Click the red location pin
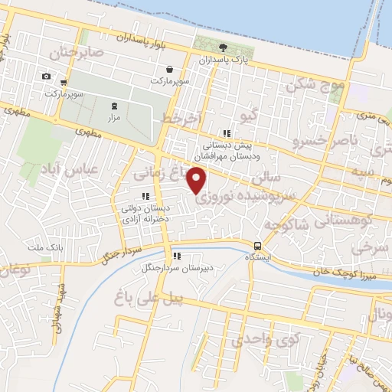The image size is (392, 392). point(198,180)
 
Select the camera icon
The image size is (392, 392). point(47,76)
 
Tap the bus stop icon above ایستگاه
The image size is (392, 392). point(258,247)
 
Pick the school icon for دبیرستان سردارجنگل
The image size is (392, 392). point(176,256)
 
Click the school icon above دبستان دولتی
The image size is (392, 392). point(145,196)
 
